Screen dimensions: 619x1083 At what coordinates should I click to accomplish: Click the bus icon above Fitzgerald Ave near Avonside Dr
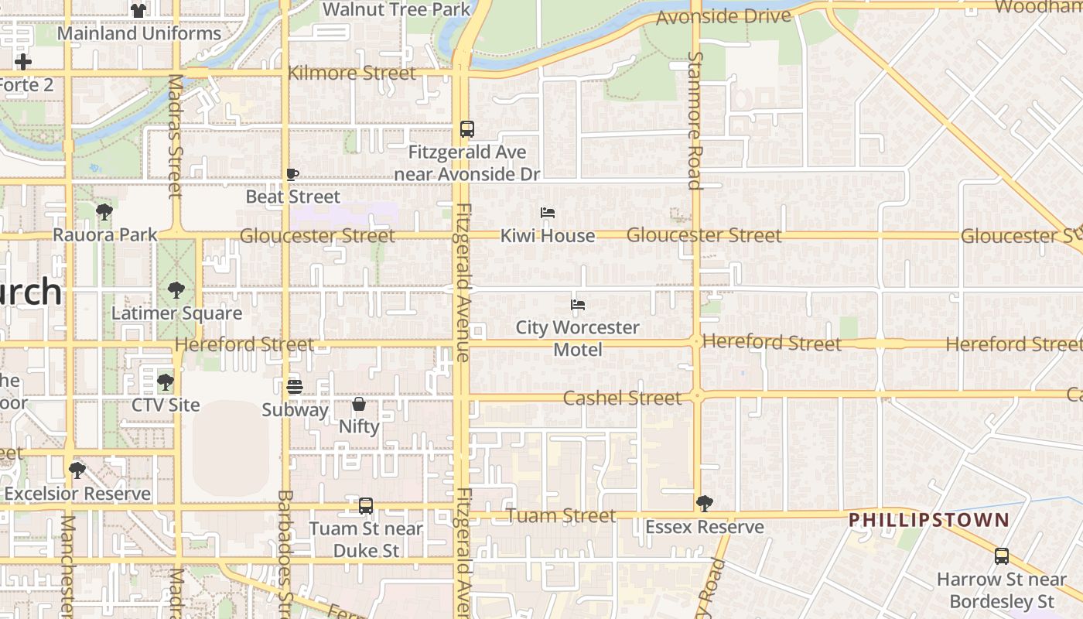(466, 129)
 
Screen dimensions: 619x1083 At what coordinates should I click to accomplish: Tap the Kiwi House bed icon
(548, 213)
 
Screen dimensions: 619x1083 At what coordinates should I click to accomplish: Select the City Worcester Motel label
(578, 338)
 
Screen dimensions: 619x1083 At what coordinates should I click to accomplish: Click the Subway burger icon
(295, 386)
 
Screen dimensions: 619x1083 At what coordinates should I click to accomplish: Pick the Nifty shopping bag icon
(359, 404)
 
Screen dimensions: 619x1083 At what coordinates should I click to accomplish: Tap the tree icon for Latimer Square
(176, 291)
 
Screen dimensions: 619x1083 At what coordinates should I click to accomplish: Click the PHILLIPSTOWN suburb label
(929, 520)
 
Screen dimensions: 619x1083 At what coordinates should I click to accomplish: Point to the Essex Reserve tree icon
(704, 504)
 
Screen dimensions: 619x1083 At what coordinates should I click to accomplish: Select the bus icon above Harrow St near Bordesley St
(1002, 556)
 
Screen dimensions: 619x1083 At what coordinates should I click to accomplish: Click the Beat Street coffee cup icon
(292, 174)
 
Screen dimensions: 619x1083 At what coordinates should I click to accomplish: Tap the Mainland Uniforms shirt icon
(138, 11)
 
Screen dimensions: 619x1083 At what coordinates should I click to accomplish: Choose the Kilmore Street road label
(352, 74)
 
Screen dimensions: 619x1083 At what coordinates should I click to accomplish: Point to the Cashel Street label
(622, 398)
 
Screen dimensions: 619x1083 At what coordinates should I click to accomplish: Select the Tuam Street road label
(561, 515)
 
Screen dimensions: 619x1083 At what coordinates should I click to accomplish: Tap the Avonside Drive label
(723, 17)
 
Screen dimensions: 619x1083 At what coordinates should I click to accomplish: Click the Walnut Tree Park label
(396, 10)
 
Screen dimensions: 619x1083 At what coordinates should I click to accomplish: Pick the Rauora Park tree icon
(104, 211)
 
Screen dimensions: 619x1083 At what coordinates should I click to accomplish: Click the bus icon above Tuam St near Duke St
(366, 506)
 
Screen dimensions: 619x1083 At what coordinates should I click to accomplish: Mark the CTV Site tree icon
(165, 382)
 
